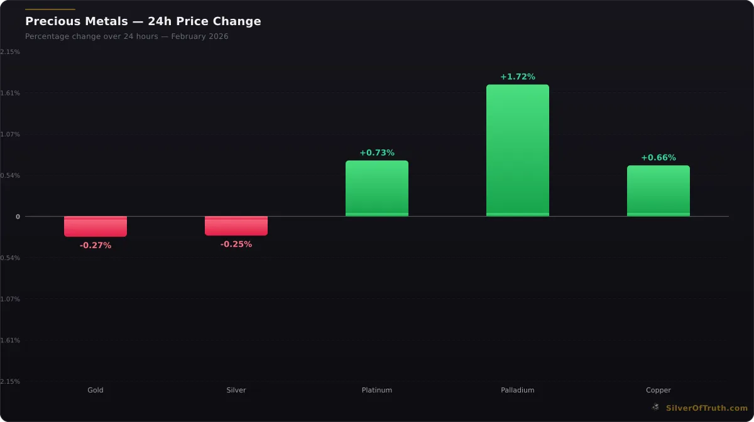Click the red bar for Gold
(x=96, y=226)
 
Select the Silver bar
(x=236, y=225)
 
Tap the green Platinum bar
(x=377, y=188)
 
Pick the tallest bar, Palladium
(x=518, y=151)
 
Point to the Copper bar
(x=658, y=191)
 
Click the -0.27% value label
(x=96, y=246)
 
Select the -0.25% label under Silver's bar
(x=236, y=244)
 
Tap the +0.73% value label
(x=377, y=153)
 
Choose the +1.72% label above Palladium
(x=518, y=77)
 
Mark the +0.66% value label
(x=658, y=158)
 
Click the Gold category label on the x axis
(x=96, y=390)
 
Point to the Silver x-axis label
(x=236, y=390)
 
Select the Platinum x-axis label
(x=377, y=390)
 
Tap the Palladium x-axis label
(x=518, y=390)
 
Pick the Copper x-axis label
(x=658, y=390)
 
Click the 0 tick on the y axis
(x=18, y=217)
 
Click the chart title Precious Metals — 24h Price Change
(x=143, y=21)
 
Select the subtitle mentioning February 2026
(x=127, y=36)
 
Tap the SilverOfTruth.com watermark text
(x=707, y=408)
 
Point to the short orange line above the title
(x=50, y=9)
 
